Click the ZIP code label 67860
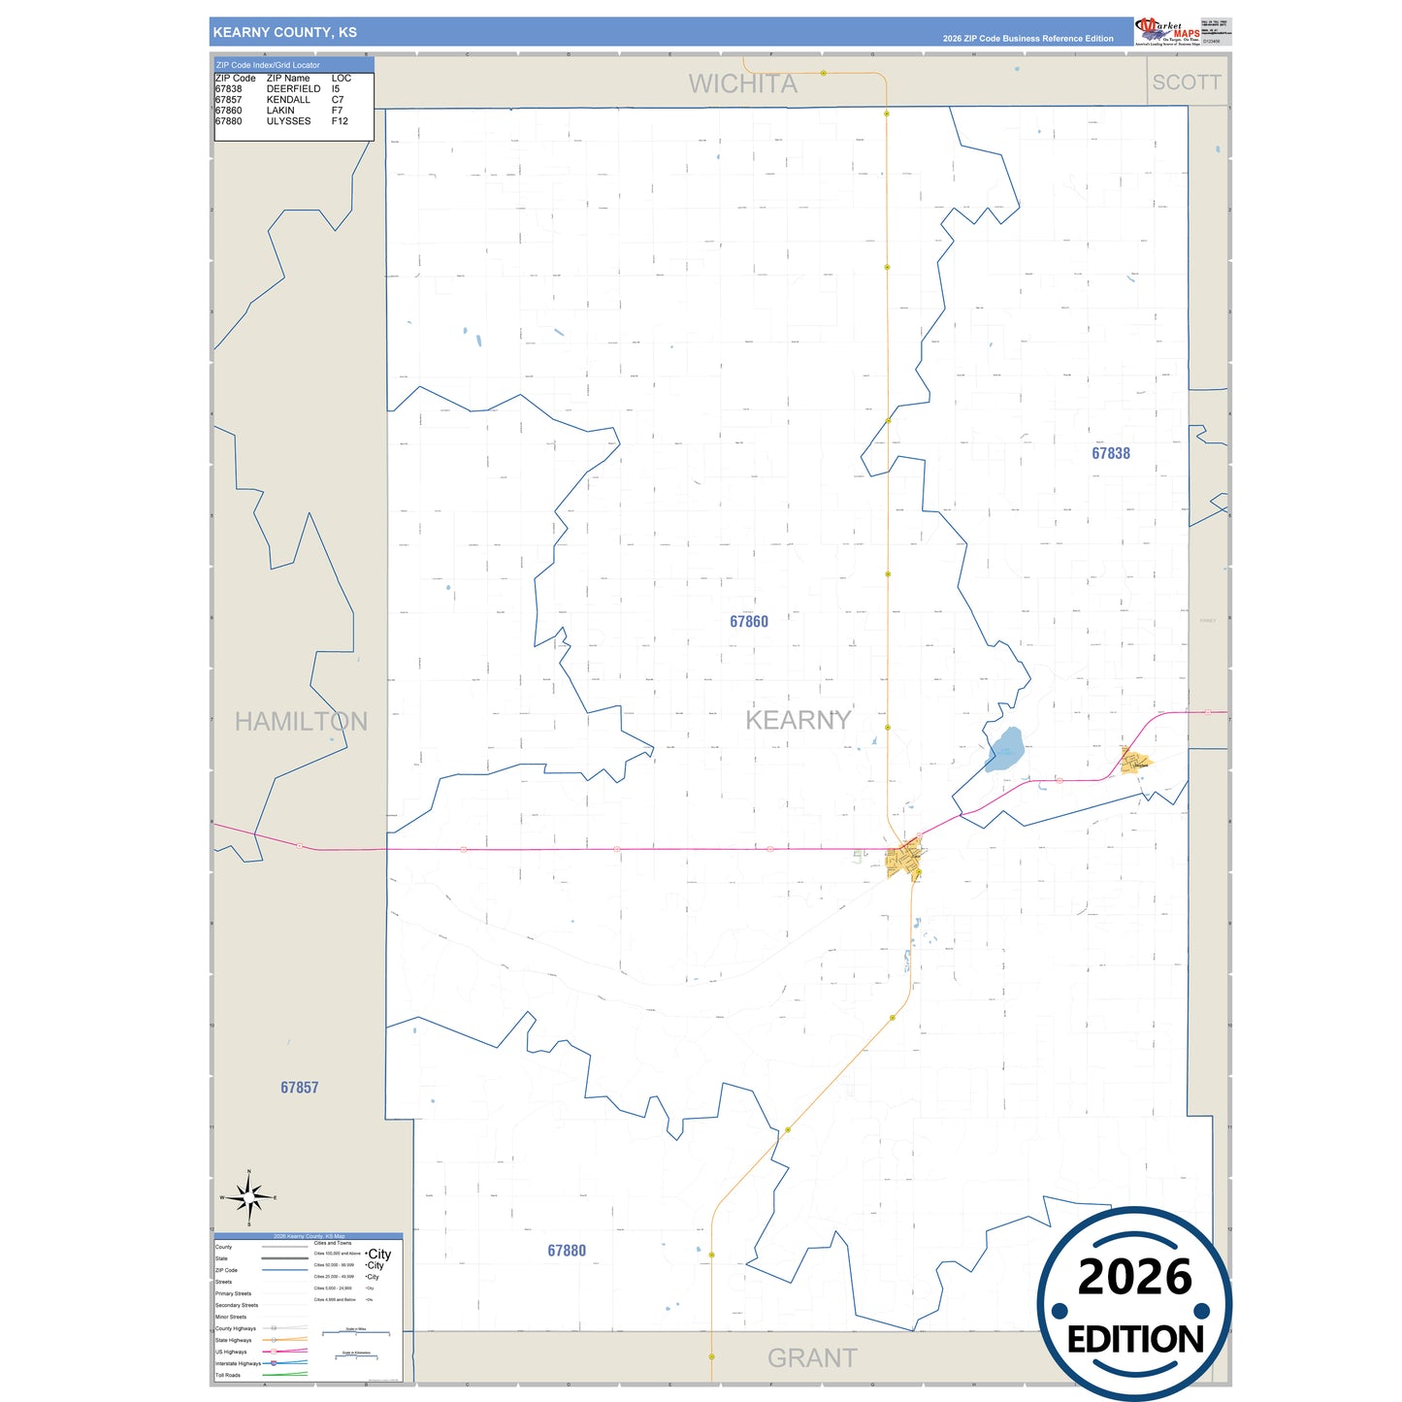[x=748, y=622]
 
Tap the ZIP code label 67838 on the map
[x=1110, y=453]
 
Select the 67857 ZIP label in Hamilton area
[x=299, y=1088]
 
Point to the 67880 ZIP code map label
[x=567, y=1251]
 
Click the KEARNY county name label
[x=798, y=720]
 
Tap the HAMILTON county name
[x=301, y=722]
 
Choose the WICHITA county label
[x=742, y=84]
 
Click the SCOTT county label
[x=1186, y=82]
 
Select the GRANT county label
[x=812, y=1358]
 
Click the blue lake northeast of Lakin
[x=1005, y=750]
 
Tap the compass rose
[x=249, y=1198]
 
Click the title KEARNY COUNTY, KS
[x=284, y=32]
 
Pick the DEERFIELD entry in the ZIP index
[x=293, y=89]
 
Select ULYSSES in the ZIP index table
[x=288, y=121]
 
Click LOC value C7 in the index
[x=337, y=100]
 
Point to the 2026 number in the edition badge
[x=1134, y=1277]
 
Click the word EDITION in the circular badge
[x=1134, y=1340]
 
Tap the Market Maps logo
[x=1167, y=31]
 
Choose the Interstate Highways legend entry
[x=238, y=1363]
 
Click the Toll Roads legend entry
[x=228, y=1375]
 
